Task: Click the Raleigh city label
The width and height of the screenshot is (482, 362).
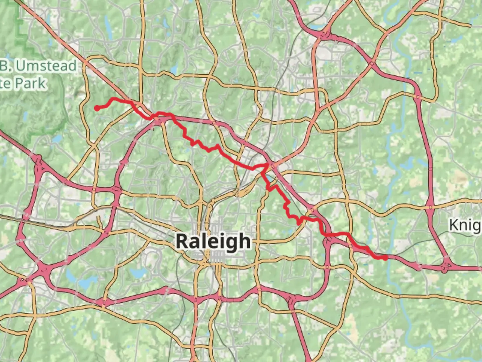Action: [213, 241]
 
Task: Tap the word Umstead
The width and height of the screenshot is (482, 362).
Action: [46, 66]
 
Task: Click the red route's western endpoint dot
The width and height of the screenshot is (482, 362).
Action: [97, 108]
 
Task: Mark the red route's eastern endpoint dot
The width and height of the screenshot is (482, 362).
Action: [385, 257]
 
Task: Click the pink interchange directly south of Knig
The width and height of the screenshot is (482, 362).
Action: [446, 267]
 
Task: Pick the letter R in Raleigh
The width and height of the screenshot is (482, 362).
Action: [183, 241]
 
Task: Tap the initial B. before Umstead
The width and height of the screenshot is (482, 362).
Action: [5, 66]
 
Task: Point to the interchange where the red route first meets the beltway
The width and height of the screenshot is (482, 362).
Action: [157, 119]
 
